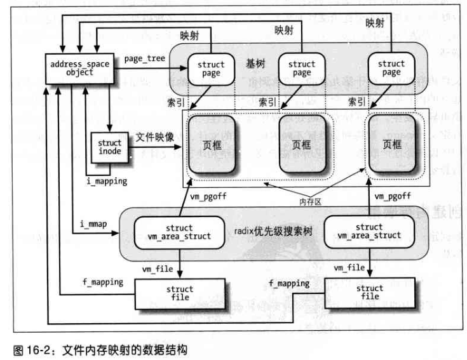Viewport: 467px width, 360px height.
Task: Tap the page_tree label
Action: (144, 58)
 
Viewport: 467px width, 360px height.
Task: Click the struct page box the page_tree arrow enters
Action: (210, 69)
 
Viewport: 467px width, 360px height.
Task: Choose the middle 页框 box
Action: (302, 145)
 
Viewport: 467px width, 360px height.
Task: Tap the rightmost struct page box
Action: (391, 68)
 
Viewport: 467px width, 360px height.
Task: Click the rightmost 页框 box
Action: (392, 145)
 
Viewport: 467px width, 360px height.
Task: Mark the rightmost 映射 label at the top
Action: (375, 23)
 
